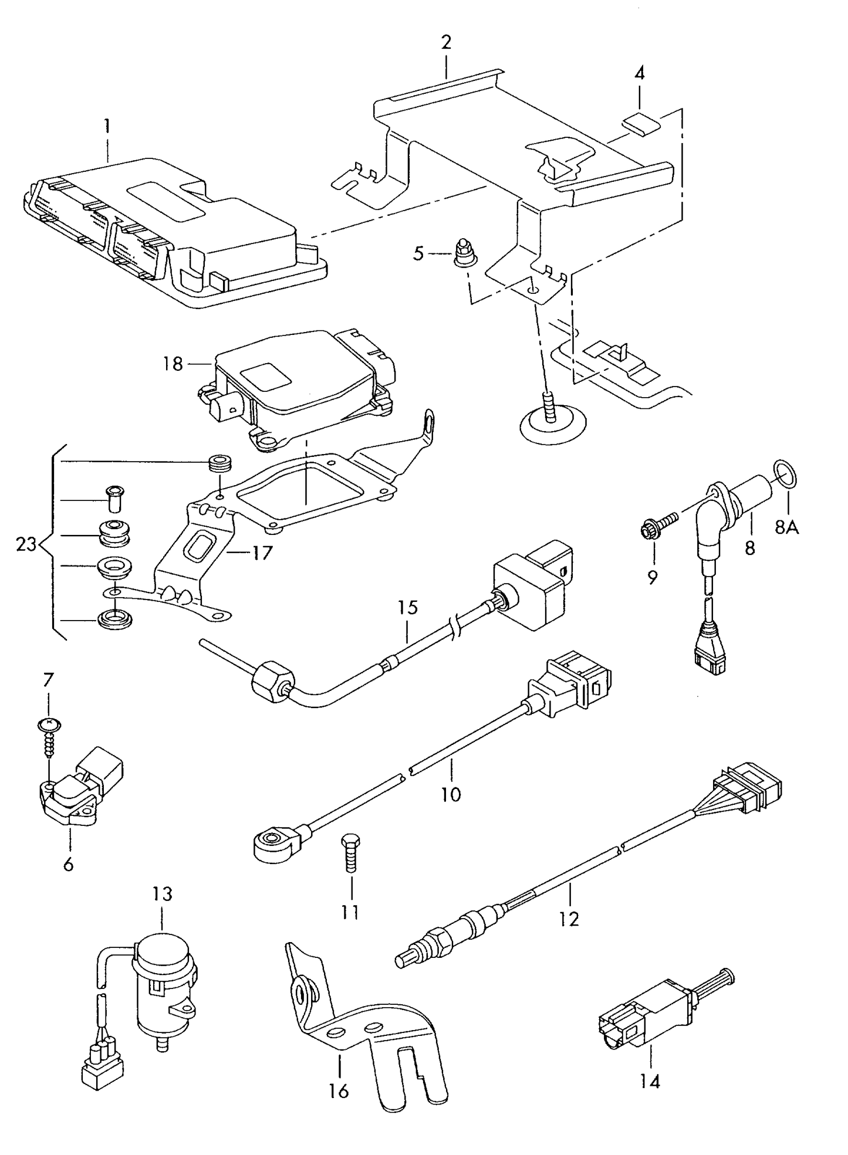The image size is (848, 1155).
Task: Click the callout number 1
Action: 107,126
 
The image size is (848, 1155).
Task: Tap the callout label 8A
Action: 787,527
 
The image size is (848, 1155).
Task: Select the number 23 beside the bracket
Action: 26,544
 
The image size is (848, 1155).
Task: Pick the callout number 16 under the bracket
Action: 339,1090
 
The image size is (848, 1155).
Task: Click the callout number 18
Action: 173,364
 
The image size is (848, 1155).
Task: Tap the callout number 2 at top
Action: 446,42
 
